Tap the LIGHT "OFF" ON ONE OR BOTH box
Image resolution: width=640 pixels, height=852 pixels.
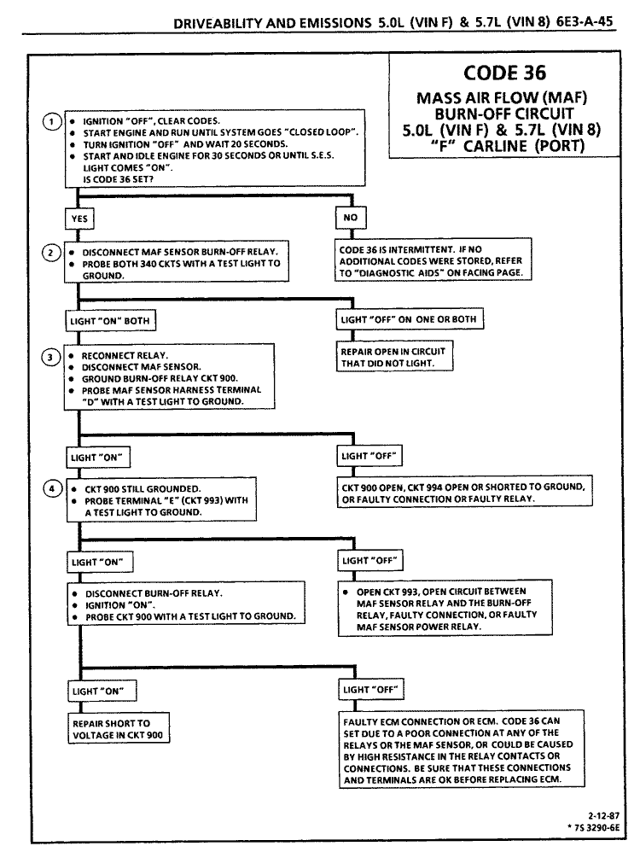(411, 320)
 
